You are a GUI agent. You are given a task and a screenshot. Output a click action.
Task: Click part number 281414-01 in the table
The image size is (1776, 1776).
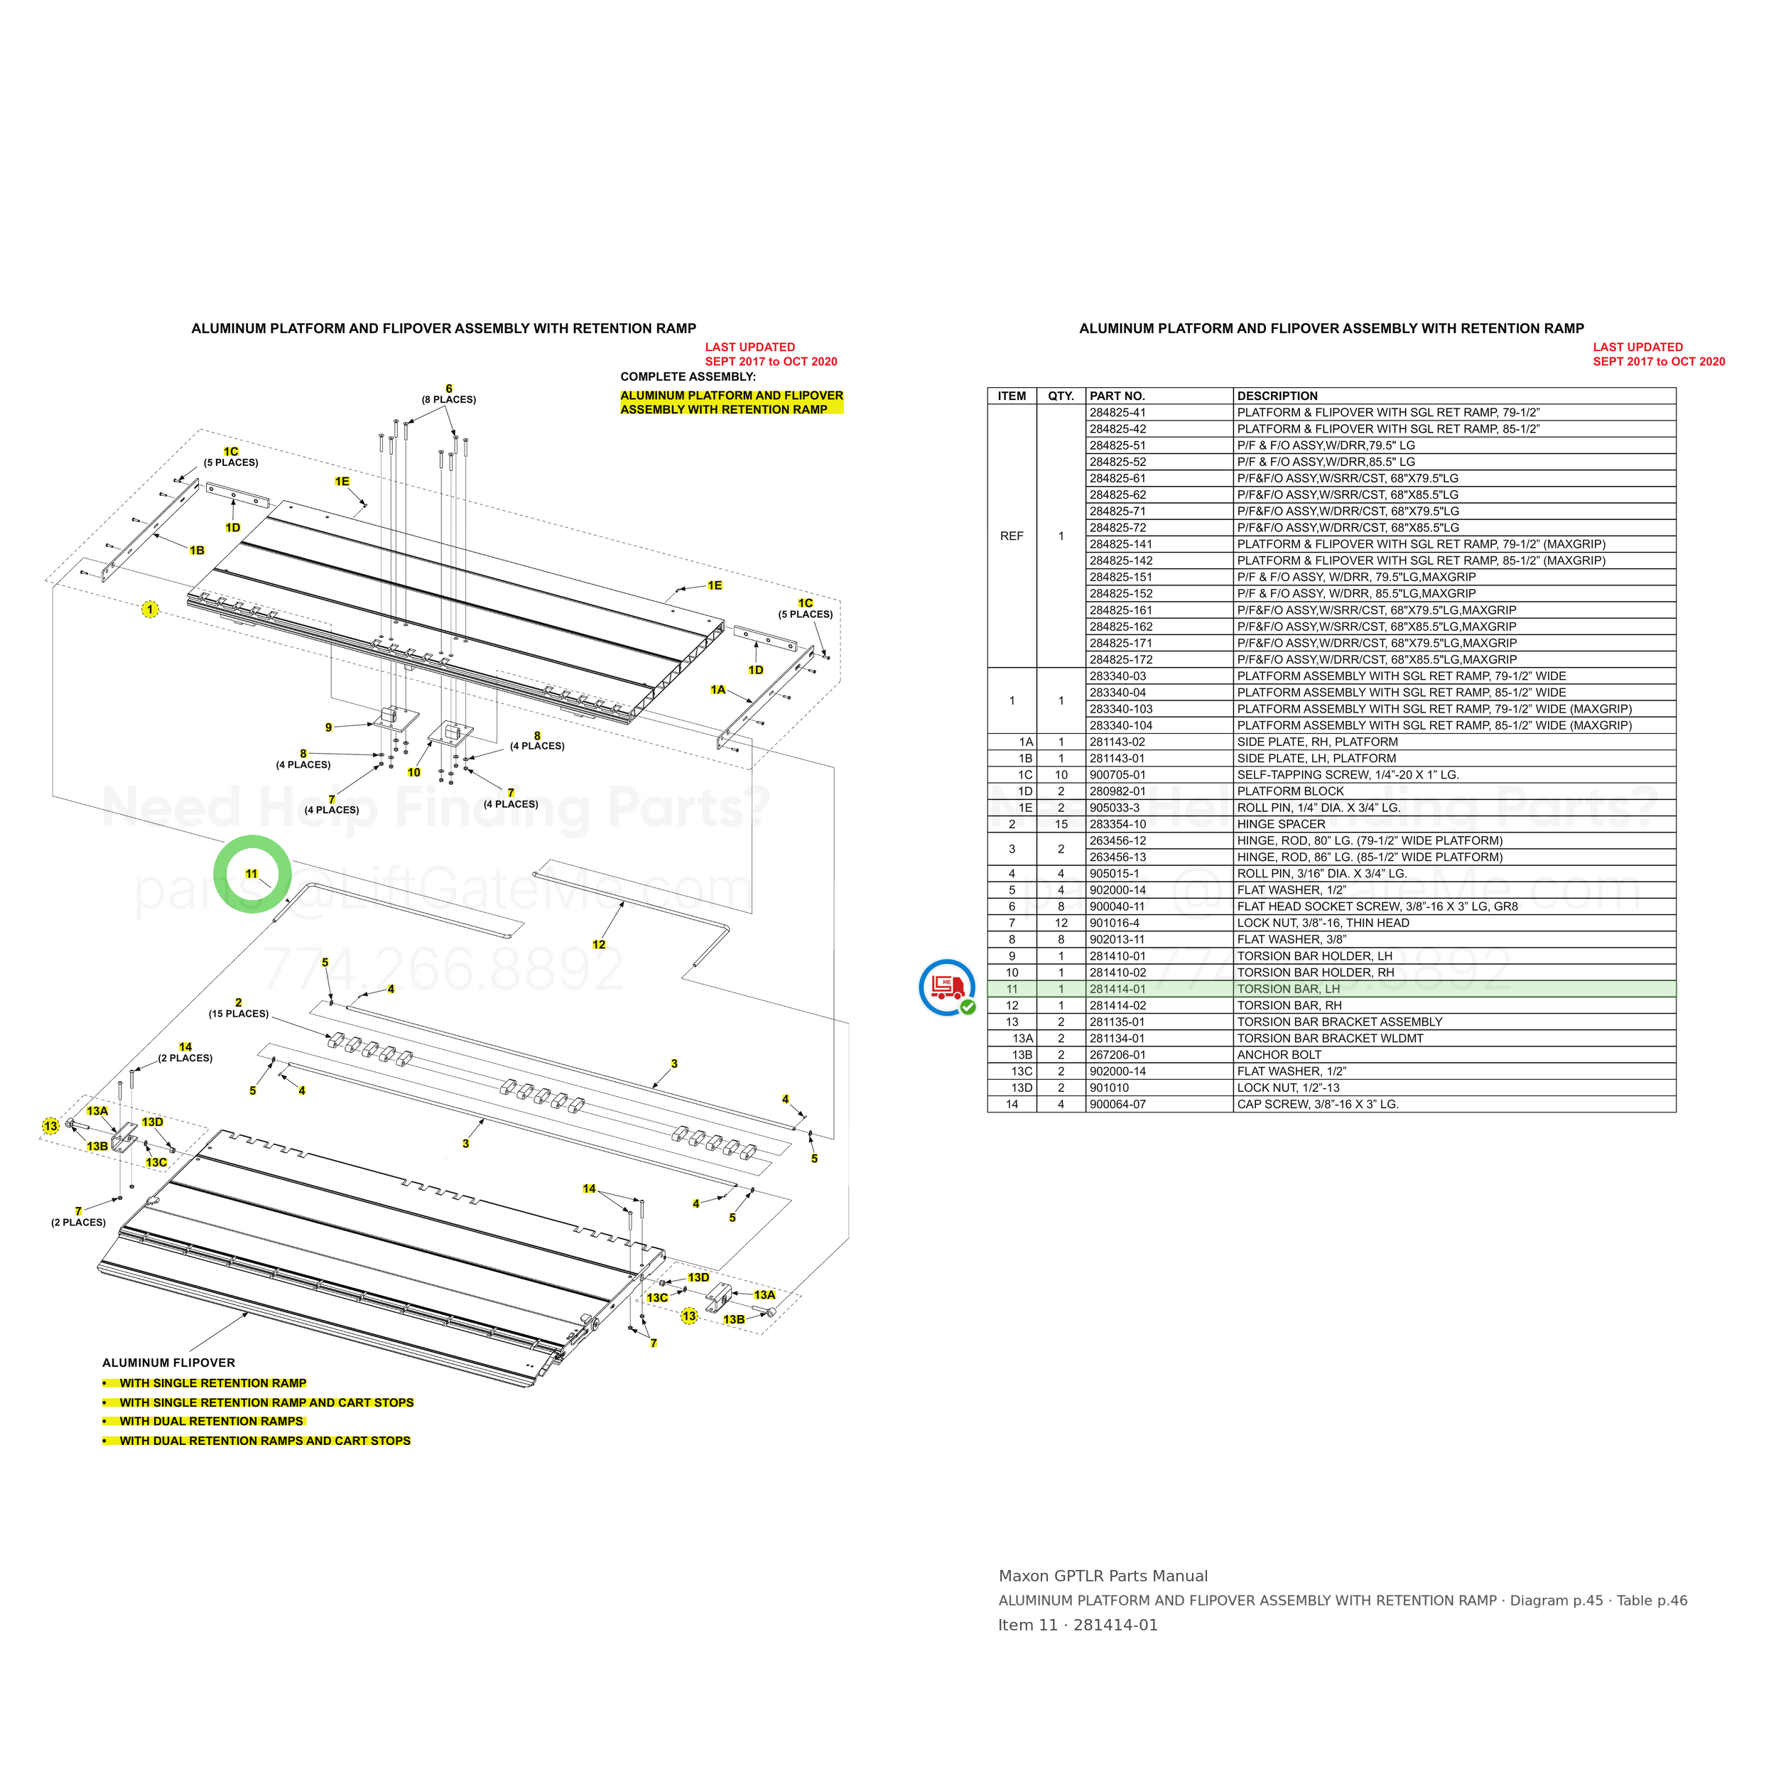[x=1117, y=989]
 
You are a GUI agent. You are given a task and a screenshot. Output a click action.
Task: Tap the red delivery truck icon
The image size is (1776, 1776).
[x=946, y=986]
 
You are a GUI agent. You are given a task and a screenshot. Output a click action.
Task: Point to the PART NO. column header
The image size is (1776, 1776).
[x=1117, y=396]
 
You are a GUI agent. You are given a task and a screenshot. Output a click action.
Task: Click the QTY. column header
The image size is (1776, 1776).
[x=1061, y=396]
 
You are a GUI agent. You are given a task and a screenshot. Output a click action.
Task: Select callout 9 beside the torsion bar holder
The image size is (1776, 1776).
[x=328, y=727]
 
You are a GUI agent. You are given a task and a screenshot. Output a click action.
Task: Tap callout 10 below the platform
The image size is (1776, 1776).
[x=413, y=772]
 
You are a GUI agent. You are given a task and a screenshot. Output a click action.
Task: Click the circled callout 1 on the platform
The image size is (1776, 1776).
[x=150, y=610]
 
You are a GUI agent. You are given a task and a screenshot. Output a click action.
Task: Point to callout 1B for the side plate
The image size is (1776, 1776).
[x=197, y=551]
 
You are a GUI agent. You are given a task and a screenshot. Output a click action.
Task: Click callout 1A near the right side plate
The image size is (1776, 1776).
[x=718, y=689]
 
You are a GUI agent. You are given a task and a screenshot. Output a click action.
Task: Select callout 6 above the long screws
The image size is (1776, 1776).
[x=448, y=389]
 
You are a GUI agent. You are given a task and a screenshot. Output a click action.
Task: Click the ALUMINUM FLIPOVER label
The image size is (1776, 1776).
[x=168, y=1363]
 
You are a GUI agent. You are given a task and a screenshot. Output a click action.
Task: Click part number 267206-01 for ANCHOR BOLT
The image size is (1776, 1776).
[x=1117, y=1056]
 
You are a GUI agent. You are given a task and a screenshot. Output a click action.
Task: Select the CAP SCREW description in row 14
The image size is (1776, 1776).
[x=1317, y=1104]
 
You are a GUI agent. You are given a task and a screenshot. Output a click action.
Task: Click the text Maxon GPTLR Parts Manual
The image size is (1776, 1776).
[x=1103, y=1576]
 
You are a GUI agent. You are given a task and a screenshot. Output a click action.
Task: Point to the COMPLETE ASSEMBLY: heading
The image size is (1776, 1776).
[x=688, y=377]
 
